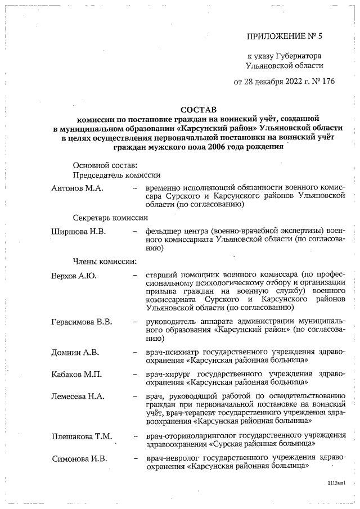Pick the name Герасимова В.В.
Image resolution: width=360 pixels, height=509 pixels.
pyautogui.click(x=82, y=322)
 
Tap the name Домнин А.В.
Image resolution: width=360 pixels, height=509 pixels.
pyautogui.click(x=75, y=353)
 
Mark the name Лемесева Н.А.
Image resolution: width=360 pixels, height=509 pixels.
pyautogui.click(x=78, y=396)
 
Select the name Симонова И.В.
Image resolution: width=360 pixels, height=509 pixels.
pyautogui.click(x=79, y=458)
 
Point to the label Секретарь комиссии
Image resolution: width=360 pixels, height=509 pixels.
pyautogui.click(x=110, y=217)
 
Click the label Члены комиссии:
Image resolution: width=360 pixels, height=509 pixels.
pyautogui.click(x=105, y=261)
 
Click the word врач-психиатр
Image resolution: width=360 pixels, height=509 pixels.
pyautogui.click(x=171, y=353)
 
